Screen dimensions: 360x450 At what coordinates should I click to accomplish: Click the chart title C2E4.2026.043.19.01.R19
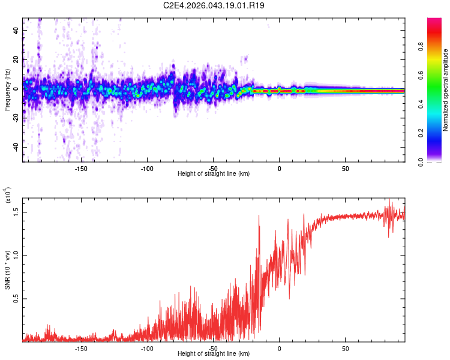(214, 5)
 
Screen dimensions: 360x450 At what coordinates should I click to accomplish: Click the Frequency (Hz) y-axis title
(7, 90)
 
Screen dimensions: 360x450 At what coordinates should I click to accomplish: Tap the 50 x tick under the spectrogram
(345, 167)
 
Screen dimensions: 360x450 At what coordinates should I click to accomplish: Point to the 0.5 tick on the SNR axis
(17, 298)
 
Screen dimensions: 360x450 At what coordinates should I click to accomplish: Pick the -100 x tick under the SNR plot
(147, 347)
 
